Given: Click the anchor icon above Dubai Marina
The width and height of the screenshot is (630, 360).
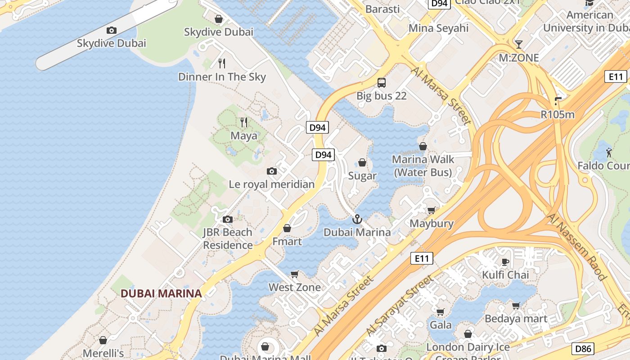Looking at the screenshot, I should [x=357, y=219].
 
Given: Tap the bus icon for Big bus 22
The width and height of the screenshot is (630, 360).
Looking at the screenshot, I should [x=382, y=82].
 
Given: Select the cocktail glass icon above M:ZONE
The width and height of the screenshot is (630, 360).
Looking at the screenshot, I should [x=519, y=44].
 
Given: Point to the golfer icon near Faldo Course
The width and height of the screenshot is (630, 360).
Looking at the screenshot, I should [x=609, y=153].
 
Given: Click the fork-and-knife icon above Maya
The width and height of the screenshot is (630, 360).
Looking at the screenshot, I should [x=244, y=122].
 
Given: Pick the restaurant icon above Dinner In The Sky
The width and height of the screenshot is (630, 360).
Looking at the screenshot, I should [x=221, y=63].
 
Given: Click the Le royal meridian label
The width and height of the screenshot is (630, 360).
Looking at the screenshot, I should [x=271, y=184].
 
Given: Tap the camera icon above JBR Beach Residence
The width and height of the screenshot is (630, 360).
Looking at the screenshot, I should [x=228, y=219].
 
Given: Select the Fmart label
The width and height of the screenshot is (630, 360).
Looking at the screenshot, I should [x=287, y=242].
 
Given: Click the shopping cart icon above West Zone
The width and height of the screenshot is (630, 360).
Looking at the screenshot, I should [x=295, y=274].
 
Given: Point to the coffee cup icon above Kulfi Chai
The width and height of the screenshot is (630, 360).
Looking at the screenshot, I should [x=505, y=262].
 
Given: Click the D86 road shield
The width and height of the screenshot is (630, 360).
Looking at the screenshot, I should [x=584, y=348].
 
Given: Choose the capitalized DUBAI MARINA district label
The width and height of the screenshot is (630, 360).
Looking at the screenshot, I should [x=161, y=293].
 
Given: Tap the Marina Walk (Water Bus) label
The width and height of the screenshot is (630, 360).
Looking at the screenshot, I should [x=423, y=166].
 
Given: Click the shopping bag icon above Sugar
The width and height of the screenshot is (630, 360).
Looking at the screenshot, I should [x=362, y=162].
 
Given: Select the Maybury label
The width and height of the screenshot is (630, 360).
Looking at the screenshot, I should [x=431, y=223].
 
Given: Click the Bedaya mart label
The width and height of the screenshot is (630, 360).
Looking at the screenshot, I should [x=516, y=319].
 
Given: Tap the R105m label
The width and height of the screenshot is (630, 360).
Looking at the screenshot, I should [x=558, y=114].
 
